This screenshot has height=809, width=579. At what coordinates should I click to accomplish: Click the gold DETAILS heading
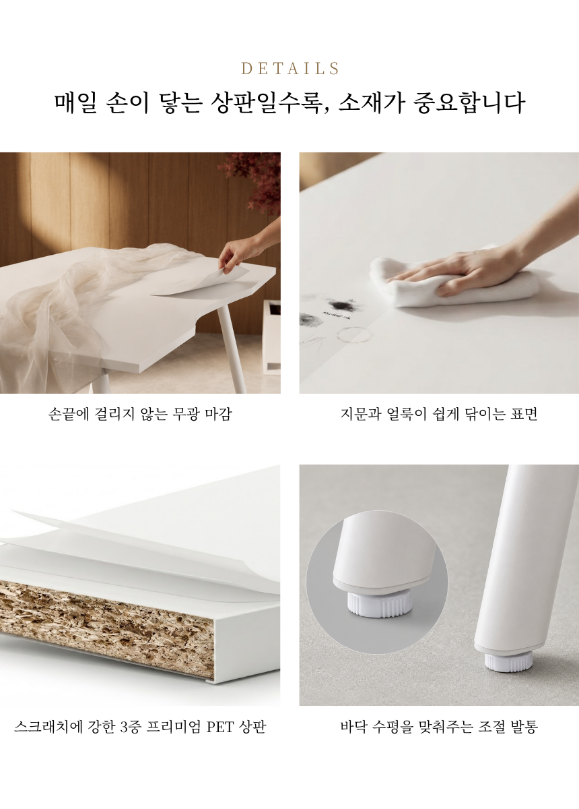pos(289,69)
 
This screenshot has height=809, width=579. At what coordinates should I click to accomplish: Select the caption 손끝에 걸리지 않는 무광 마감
pos(140,414)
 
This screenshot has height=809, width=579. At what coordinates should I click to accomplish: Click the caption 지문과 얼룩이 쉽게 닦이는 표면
pos(439,414)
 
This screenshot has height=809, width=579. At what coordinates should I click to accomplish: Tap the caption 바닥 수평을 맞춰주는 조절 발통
pos(439,727)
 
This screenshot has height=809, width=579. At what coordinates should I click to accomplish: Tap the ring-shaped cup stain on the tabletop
pos(355,335)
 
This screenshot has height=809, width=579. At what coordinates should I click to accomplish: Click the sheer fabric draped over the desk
pos(72,307)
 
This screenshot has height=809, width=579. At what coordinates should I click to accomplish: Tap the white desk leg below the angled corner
pos(231,347)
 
